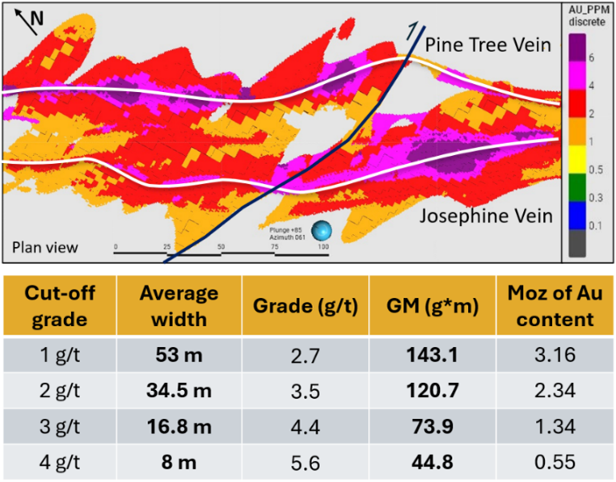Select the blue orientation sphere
[x=323, y=232]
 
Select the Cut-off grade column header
[x=59, y=306]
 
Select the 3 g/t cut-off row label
[x=59, y=427]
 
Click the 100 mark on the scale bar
[x=323, y=245]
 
